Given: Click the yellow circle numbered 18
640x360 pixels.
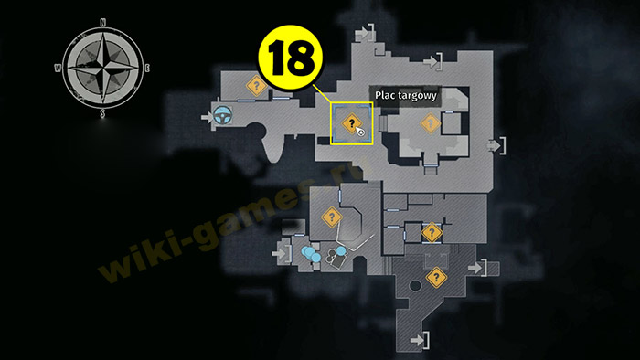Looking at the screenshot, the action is point(290,57).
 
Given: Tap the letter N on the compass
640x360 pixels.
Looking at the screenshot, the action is point(102,23).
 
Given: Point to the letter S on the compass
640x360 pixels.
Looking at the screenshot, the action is point(102,113).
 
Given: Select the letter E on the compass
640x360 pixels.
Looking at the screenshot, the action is point(147,69).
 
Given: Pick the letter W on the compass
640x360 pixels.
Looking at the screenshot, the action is point(58,69).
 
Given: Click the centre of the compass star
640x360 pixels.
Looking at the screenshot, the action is point(102,69).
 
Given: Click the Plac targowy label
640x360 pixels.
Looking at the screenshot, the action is point(406,95).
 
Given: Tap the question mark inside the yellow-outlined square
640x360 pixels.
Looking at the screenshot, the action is point(351,123).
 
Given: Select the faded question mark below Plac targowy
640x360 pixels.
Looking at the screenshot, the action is point(430,123).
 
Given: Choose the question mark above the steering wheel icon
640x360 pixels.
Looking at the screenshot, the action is point(256,86).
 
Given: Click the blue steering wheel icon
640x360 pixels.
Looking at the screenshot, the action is point(222,116).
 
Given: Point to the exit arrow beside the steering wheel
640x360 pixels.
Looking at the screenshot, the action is point(207,118).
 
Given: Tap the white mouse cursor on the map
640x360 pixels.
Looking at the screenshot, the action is point(360,132).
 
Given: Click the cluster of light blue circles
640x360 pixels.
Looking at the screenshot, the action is point(311,253).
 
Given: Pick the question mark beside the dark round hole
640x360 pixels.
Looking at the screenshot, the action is point(436,278).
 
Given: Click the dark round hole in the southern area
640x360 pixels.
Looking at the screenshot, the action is point(415,285).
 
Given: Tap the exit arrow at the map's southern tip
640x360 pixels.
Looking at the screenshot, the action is point(417,340).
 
